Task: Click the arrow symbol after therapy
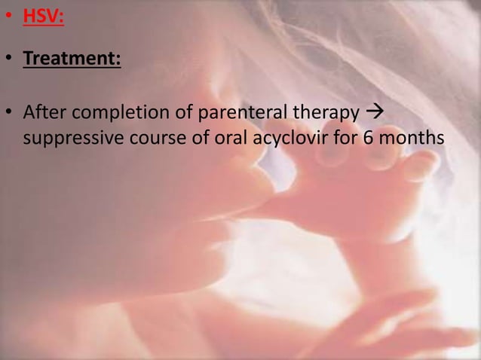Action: (373, 113)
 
